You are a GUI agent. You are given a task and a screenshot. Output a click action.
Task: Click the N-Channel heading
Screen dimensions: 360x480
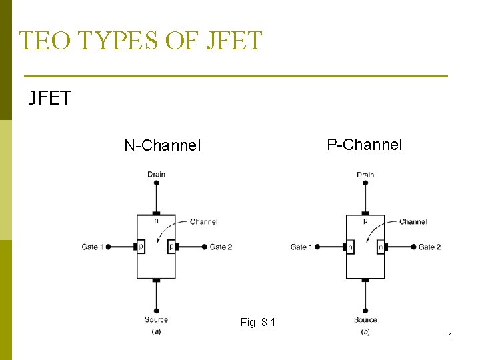coord(162,145)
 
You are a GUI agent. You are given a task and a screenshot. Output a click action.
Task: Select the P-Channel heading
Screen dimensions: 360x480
coord(365,144)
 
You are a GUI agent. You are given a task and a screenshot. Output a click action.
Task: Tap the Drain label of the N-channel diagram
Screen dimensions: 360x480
coord(156,175)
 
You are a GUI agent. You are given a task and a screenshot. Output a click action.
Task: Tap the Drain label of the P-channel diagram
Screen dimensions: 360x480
coord(365,175)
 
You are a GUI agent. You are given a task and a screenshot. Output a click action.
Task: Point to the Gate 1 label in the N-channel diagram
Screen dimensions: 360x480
coord(93,247)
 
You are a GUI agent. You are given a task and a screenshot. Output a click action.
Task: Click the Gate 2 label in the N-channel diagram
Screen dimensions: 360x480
coord(221,247)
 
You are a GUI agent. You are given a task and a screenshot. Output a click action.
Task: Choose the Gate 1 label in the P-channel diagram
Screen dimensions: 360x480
coord(301,247)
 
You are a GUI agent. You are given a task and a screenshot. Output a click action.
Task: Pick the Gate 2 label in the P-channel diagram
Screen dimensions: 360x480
coord(429,247)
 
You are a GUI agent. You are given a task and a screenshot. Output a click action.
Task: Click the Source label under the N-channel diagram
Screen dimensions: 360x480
coord(156,320)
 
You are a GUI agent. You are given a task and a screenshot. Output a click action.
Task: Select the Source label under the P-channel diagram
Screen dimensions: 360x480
coord(365,320)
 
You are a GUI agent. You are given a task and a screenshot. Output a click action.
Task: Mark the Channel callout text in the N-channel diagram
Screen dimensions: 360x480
coord(203,222)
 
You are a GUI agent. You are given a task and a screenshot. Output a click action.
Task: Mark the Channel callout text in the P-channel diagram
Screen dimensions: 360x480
coord(413,222)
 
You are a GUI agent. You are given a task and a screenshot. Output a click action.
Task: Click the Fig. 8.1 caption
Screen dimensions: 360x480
coord(257,323)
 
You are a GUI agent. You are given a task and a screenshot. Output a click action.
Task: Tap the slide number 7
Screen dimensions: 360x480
coord(449,335)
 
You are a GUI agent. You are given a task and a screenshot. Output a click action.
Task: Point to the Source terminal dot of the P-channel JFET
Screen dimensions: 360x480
coord(365,311)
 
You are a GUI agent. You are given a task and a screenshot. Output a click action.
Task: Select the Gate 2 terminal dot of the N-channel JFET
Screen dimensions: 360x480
coord(204,247)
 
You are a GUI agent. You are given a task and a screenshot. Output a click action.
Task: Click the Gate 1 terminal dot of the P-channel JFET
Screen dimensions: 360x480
coord(317,247)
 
